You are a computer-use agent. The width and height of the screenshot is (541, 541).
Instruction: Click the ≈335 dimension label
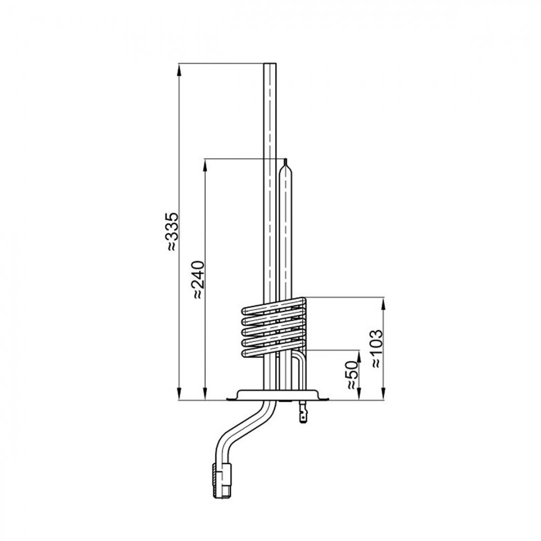coord(172,231)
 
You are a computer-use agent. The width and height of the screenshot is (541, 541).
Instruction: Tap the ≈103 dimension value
coord(377,349)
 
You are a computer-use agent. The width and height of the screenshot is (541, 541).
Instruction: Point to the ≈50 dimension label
coord(352,375)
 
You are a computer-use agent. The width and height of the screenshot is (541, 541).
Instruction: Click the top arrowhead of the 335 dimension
coord(179,71)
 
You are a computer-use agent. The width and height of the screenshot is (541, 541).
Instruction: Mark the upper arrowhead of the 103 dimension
coord(383,305)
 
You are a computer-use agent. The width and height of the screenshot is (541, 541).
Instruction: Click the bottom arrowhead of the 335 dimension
coord(179,393)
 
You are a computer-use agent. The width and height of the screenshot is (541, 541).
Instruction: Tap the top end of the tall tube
coord(270,64)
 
